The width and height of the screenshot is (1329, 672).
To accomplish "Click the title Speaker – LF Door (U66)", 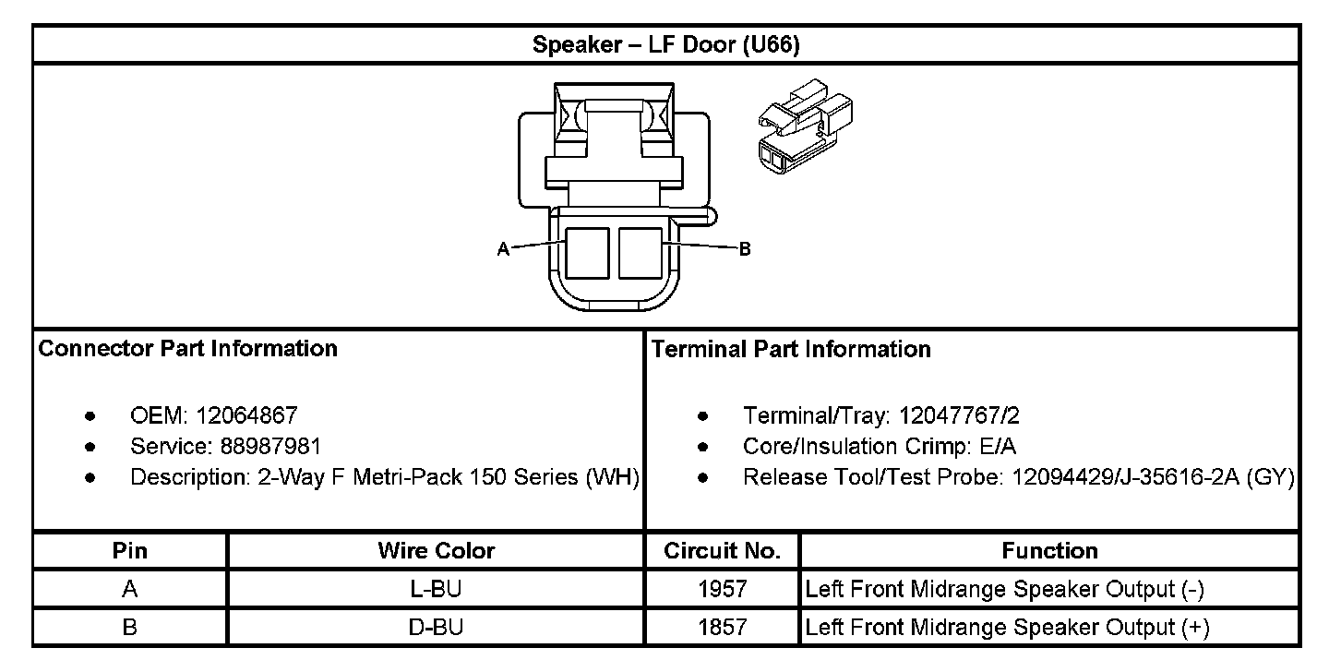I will click(665, 45).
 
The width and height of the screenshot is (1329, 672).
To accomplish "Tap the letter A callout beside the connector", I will click(503, 249).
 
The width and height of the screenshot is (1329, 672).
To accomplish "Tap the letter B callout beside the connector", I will click(745, 249).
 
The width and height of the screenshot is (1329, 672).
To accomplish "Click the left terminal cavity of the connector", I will click(587, 254).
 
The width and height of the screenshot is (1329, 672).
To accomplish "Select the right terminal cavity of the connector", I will click(641, 254).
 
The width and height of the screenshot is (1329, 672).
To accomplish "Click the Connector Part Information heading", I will click(188, 349).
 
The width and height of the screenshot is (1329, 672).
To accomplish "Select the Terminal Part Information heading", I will click(791, 349).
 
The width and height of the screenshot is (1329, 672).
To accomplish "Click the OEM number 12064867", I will click(246, 416).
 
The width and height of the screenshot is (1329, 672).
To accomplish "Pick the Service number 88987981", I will click(270, 447).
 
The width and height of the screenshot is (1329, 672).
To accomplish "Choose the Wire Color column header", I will click(436, 551).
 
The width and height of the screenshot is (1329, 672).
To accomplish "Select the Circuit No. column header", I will click(723, 551).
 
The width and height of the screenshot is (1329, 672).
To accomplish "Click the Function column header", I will click(1049, 551).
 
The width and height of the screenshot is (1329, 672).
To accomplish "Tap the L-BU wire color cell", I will click(436, 589).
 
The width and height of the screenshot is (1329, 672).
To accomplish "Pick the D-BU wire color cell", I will click(436, 628).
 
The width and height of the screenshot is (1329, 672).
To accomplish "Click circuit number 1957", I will click(723, 589).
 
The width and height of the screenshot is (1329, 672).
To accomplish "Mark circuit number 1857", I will click(723, 628).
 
